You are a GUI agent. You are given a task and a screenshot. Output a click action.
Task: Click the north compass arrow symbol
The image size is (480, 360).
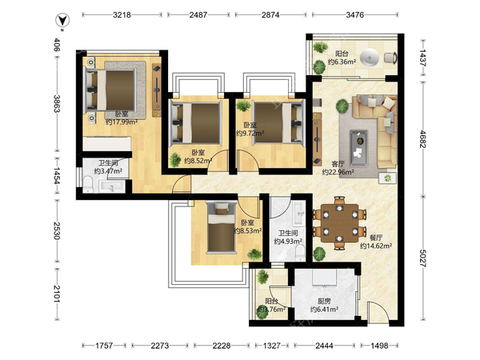62,21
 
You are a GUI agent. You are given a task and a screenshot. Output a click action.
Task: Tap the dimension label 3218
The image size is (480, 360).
122,14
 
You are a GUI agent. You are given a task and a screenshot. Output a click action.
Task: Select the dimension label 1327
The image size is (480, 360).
271,346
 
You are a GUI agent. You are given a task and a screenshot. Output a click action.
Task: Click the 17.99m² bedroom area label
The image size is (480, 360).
122,122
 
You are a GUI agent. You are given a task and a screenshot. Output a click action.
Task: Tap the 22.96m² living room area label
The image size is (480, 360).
338,172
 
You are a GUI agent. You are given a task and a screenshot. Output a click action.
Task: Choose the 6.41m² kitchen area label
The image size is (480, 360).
324,310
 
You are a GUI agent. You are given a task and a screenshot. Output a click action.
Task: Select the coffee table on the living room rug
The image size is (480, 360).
358,148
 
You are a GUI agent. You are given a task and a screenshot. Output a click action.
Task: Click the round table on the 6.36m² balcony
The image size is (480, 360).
370,58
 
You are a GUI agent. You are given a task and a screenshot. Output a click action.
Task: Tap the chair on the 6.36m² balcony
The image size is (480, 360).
390,58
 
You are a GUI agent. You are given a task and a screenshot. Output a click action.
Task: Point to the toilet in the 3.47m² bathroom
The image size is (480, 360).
88,184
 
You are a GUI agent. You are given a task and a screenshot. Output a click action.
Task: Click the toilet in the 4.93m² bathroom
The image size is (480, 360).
301,252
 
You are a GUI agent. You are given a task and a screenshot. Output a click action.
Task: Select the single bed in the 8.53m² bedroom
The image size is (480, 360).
222,227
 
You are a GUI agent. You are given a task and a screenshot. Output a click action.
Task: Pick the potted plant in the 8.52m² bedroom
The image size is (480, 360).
175,159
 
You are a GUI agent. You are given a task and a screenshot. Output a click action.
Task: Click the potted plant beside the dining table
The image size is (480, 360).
319,254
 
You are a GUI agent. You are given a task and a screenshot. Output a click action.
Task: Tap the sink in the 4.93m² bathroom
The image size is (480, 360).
298,212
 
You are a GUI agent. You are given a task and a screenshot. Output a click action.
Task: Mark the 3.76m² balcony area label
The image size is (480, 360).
271,309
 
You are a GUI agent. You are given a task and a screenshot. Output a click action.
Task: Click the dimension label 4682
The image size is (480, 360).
422,138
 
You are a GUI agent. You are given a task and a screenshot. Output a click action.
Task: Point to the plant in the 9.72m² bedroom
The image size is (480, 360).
243,106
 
